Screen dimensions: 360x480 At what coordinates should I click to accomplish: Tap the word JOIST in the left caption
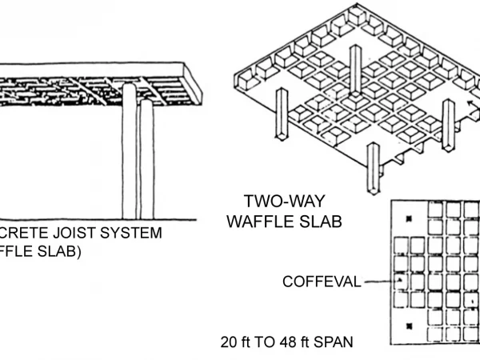(75, 233)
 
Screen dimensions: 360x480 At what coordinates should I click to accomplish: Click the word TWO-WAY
(285, 201)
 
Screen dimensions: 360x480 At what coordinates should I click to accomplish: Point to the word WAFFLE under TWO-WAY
(258, 221)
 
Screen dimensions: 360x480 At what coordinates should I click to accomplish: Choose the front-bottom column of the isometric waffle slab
(373, 168)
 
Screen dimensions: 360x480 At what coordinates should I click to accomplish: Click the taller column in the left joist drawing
(129, 152)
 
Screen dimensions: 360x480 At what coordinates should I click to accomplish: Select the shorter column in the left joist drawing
(146, 160)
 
